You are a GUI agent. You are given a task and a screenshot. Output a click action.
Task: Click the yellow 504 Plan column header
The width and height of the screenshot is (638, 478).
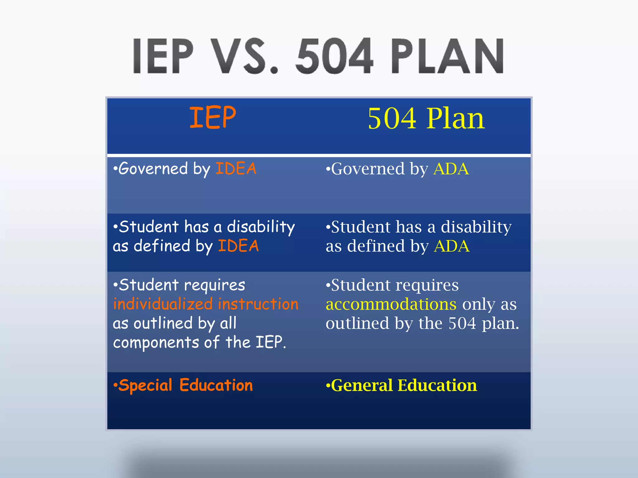point(426,119)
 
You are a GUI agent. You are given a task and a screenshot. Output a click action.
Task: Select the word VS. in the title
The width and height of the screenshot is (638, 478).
point(246,56)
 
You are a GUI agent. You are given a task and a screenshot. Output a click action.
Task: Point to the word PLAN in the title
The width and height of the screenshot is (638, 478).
point(447,56)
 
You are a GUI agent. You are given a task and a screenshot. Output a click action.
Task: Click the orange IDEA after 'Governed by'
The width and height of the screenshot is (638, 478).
point(236,169)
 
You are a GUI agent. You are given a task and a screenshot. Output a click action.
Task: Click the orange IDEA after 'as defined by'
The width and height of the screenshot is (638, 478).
point(238,246)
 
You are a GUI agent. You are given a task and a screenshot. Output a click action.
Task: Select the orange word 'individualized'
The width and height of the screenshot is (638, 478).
point(163,304)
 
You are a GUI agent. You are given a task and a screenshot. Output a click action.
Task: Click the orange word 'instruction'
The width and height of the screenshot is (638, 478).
point(258,304)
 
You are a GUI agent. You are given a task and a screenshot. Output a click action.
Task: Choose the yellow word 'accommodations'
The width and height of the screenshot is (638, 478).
point(391,304)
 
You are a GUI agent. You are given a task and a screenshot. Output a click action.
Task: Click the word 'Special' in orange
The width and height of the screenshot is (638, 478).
point(145,386)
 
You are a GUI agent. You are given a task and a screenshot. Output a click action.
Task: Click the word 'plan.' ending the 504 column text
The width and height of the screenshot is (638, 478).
point(500,324)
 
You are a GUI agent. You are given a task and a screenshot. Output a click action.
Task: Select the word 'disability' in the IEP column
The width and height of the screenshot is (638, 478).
point(261,227)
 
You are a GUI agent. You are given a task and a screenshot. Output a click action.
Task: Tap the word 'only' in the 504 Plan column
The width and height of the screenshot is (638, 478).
point(478,304)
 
